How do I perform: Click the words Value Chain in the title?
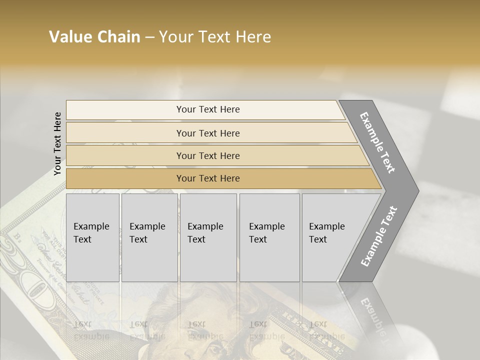[x=94, y=37]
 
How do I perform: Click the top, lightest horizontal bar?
[x=125, y=110]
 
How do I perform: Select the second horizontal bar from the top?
[x=125, y=133]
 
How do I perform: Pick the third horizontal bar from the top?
[x=125, y=155]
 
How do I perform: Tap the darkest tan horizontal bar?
[x=125, y=178]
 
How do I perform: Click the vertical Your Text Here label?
[x=57, y=144]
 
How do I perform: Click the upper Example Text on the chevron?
[x=378, y=143]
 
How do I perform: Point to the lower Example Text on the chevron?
[x=379, y=236]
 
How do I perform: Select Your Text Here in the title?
[x=215, y=37]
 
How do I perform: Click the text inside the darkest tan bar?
[x=208, y=178]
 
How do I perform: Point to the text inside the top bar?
[x=208, y=109]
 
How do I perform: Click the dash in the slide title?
[x=149, y=37]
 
